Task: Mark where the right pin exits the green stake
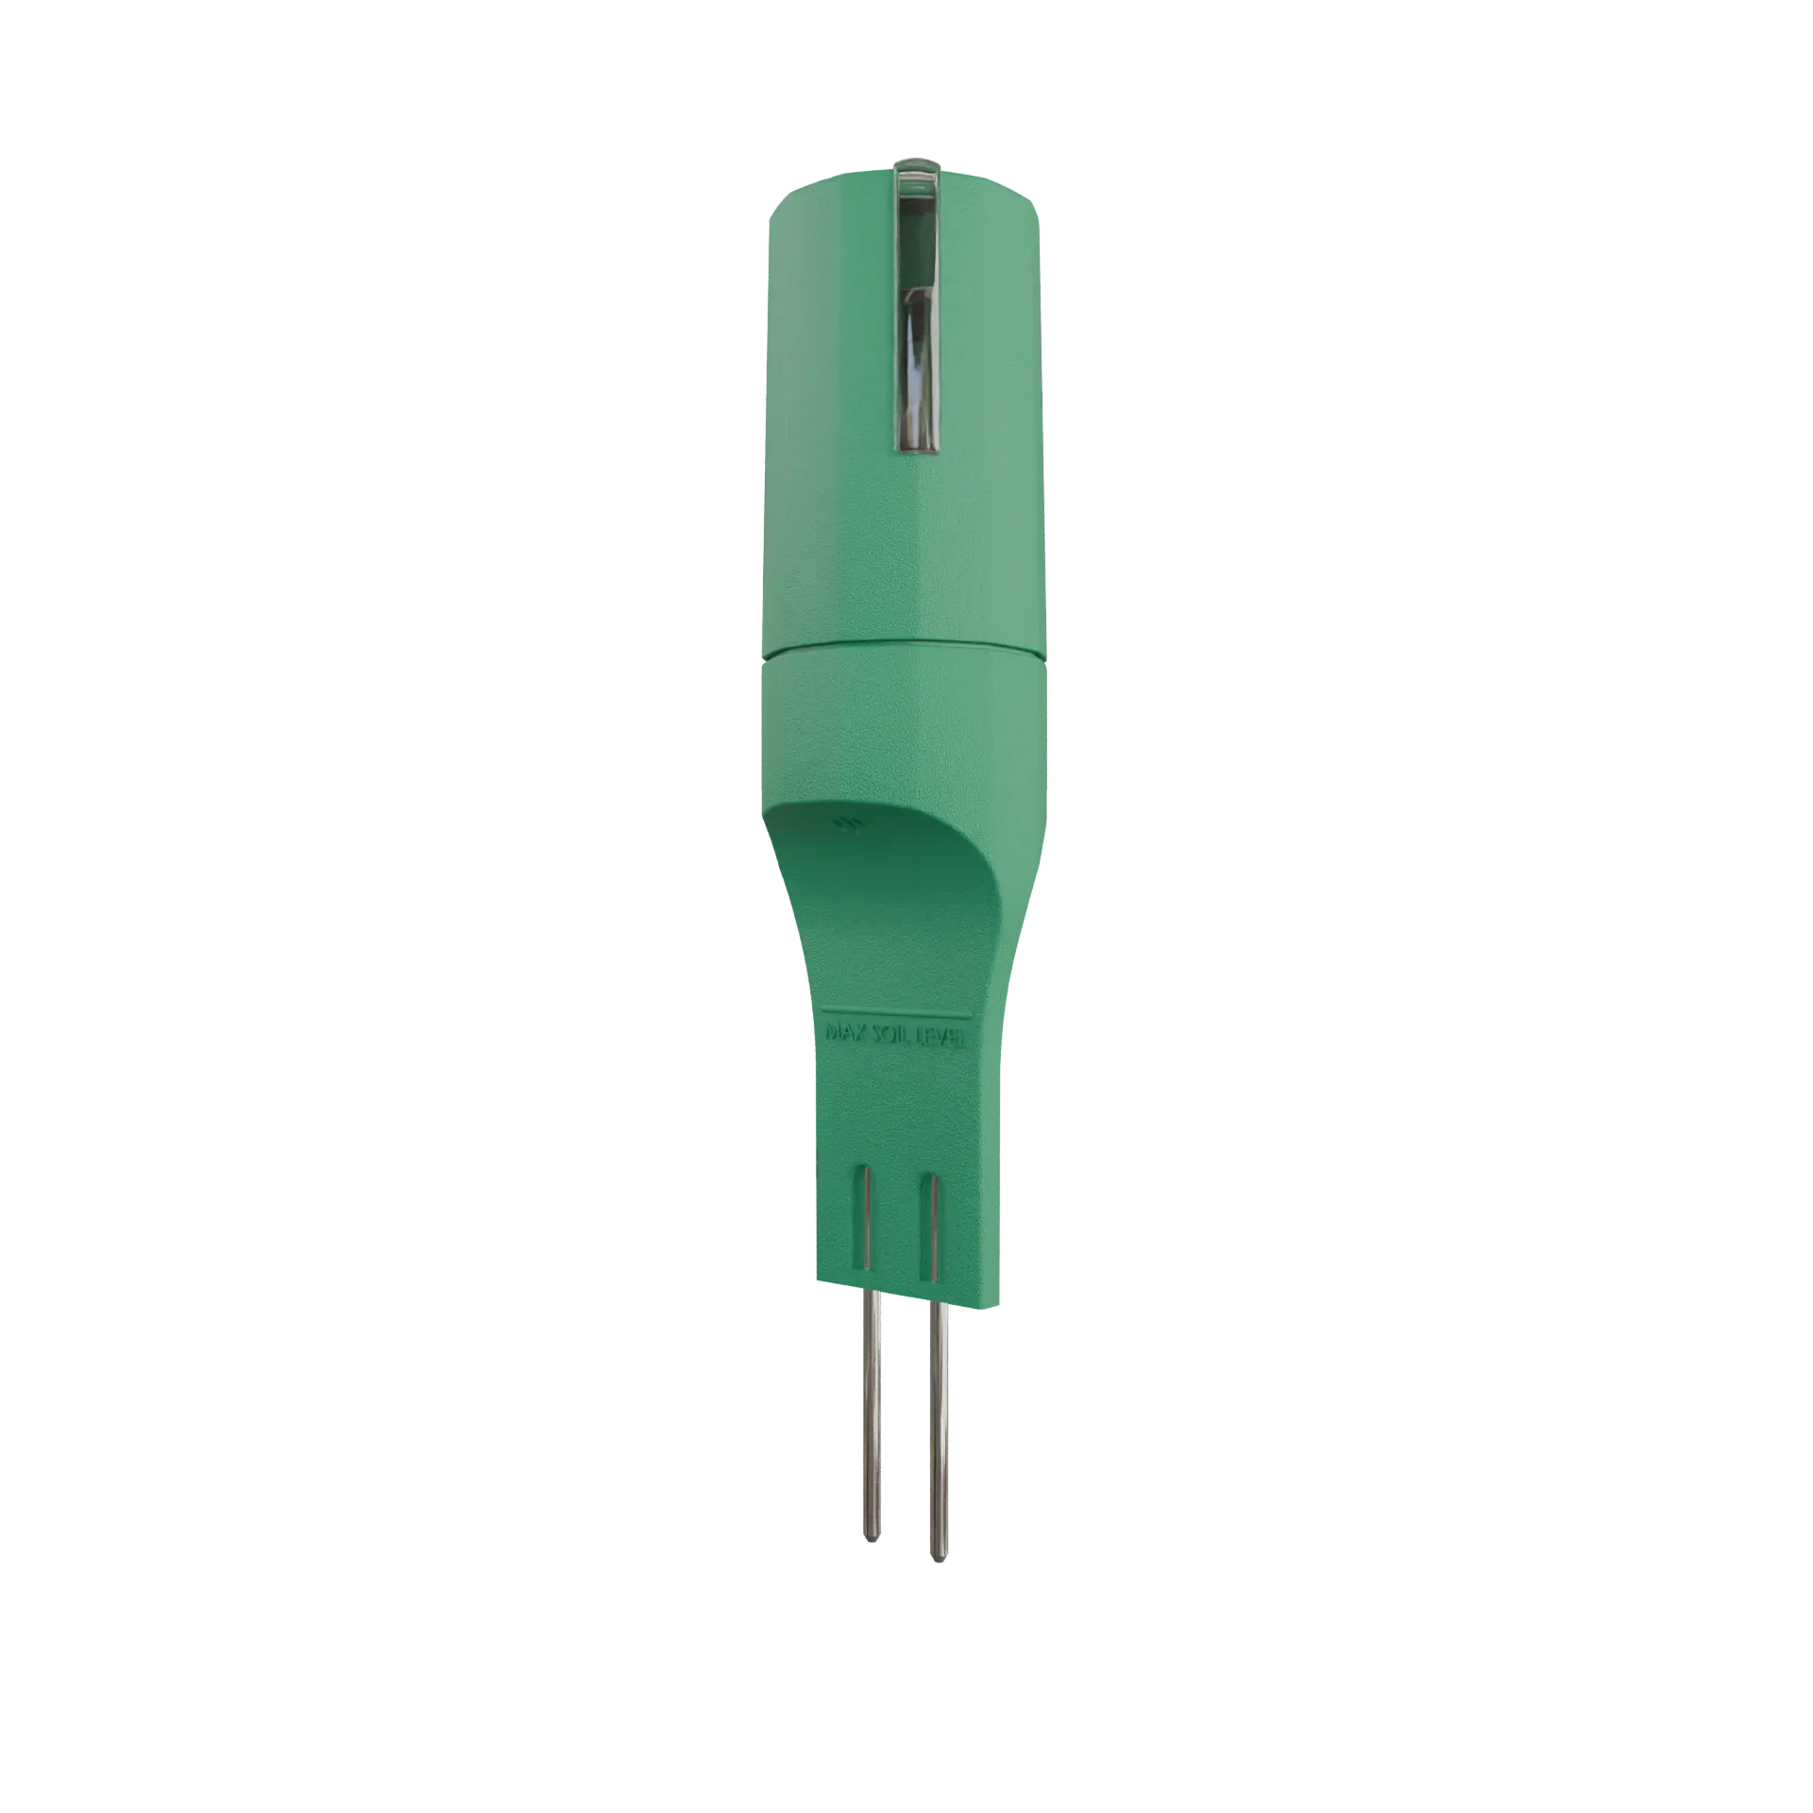(x=938, y=1303)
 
